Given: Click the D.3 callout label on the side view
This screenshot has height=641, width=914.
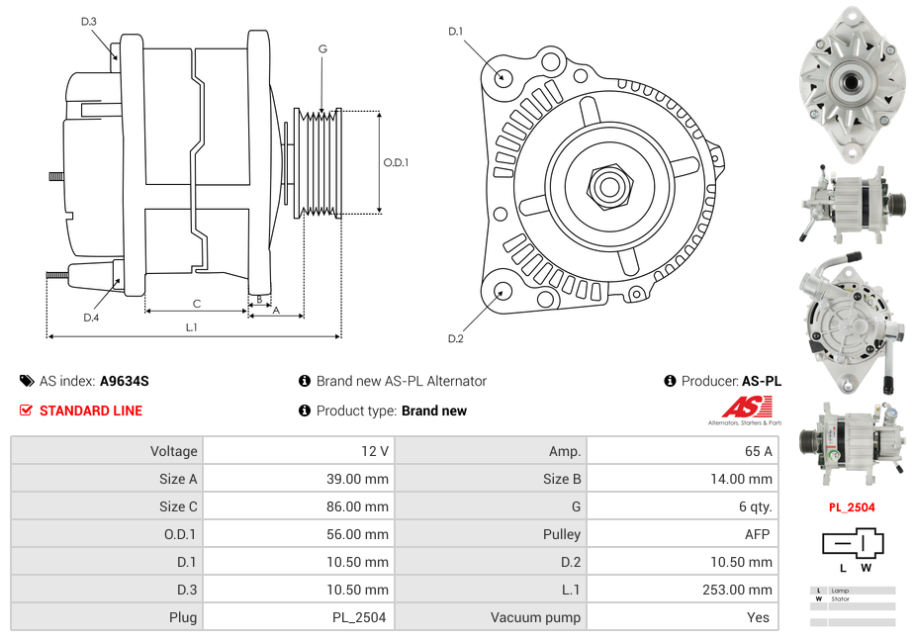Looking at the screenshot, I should coord(89,21).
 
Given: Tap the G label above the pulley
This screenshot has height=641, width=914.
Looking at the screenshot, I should coord(322,48).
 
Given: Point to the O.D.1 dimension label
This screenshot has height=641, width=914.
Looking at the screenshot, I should coord(397,162).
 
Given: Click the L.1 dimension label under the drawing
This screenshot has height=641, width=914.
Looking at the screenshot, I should coord(191,326).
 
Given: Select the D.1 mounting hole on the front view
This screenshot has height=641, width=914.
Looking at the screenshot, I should coord(503,76).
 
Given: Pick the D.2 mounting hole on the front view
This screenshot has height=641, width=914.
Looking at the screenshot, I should coord(503,291).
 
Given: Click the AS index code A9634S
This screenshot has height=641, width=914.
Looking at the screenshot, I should coord(125,381).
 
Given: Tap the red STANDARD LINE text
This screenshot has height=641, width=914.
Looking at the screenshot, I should coord(91,411).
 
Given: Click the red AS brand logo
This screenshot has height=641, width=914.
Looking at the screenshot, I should coord(747,408).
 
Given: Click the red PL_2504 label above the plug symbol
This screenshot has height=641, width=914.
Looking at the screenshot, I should coord(852,507).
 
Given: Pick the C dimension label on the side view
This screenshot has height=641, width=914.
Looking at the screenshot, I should coord(197,304).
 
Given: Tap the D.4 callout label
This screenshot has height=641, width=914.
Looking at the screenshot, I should coord(91,318).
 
